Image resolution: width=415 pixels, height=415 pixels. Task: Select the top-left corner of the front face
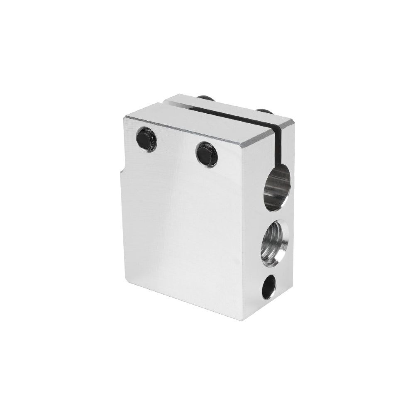point(124,117)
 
